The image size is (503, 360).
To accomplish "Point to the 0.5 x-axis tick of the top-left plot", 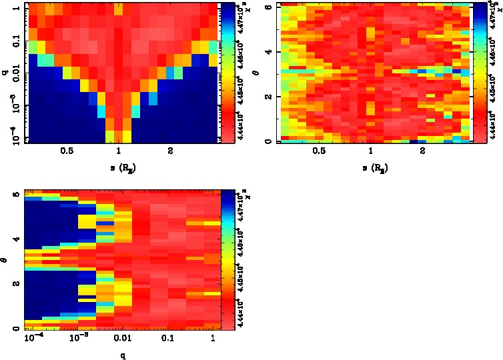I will coord(67,151).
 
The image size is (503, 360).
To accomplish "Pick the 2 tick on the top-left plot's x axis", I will coord(170,151).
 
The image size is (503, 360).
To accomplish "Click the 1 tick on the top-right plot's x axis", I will coord(370,151).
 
